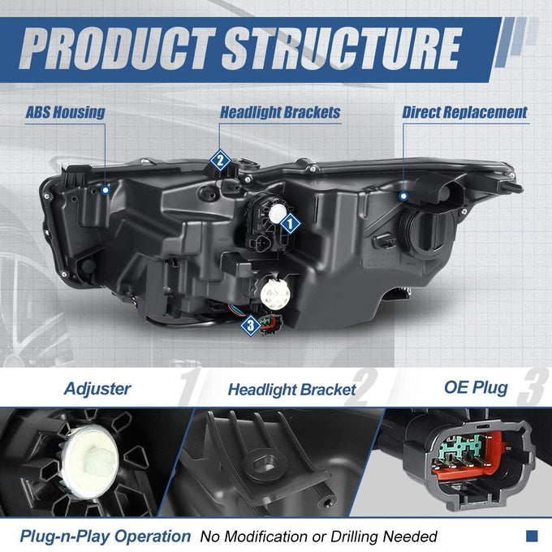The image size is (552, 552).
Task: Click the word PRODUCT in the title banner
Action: tap(117, 48)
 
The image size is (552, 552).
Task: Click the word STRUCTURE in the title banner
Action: tap(342, 48)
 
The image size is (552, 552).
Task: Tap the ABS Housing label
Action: tap(65, 112)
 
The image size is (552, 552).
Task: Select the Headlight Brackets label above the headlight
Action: tap(280, 112)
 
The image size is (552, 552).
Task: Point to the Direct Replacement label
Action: tap(464, 112)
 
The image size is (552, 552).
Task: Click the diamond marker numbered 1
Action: tap(290, 223)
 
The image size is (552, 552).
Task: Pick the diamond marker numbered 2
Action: tap(220, 161)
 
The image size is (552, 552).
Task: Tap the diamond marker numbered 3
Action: tap(251, 326)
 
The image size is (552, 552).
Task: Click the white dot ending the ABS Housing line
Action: tap(106, 191)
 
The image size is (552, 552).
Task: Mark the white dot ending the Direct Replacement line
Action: tap(403, 196)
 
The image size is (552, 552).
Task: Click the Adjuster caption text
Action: tap(97, 389)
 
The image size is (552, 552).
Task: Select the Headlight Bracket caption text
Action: tap(292, 390)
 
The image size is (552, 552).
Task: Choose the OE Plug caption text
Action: tap(476, 387)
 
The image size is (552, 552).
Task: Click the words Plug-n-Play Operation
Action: tap(106, 536)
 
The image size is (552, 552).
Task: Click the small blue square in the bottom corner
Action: tap(532, 536)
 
